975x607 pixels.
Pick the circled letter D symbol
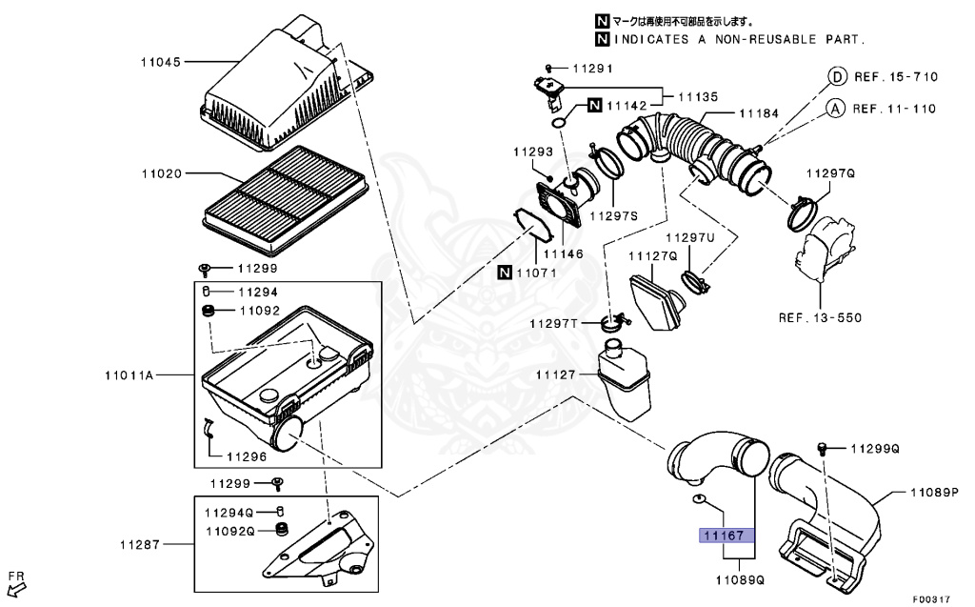point(835,77)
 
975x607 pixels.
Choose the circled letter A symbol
point(835,108)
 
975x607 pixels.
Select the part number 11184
point(759,113)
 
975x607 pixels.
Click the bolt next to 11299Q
point(825,447)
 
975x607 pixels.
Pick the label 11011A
point(129,375)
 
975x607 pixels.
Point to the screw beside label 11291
point(550,68)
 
